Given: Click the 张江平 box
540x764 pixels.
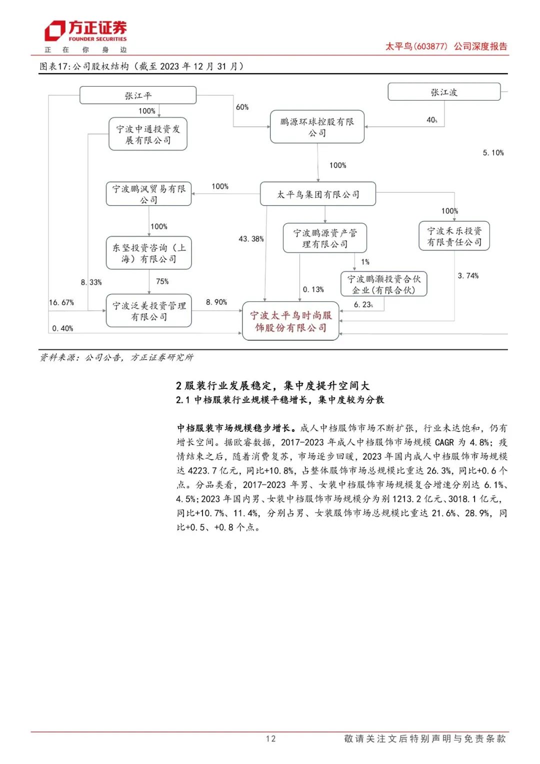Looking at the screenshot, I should [138, 95].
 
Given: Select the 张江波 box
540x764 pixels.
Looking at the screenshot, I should [444, 92].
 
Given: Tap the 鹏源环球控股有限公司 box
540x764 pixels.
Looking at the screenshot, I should [317, 127].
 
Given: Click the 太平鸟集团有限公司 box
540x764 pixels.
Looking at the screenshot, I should [318, 194].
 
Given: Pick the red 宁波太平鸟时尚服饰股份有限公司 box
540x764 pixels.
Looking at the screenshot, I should [290, 321].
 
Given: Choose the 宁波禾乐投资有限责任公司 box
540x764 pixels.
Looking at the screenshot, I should [454, 236].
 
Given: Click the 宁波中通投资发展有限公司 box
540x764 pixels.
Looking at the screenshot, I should [148, 134].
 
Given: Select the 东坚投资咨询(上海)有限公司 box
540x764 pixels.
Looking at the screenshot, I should [148, 253].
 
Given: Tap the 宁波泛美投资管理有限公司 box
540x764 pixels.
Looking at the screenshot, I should [148, 311].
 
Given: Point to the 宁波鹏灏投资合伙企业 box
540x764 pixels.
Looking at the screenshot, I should [383, 284].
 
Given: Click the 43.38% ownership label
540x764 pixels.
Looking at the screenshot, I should [251, 239].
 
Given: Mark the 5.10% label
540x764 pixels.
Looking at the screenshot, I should [493, 153].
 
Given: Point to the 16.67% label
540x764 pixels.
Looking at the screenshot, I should [61, 303].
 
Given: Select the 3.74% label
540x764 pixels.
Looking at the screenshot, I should [468, 276].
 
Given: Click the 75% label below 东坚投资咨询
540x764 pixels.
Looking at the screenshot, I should [162, 282].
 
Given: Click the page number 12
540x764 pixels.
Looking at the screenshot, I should [270, 738].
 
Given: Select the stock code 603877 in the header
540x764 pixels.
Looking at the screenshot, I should [431, 47].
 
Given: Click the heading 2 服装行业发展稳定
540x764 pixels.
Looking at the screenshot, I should [272, 386].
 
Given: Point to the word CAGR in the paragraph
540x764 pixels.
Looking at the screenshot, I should [444, 442].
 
